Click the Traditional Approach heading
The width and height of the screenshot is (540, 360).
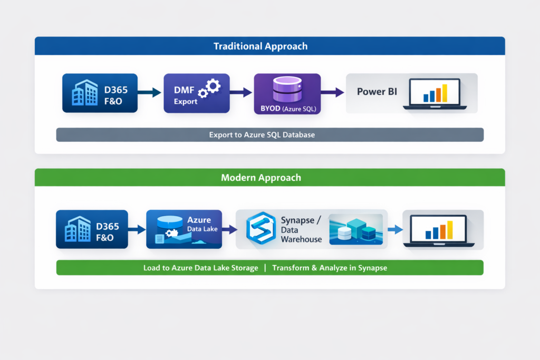tap(261, 46)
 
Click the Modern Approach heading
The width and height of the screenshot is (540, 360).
tap(261, 178)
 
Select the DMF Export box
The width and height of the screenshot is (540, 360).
tap(197, 93)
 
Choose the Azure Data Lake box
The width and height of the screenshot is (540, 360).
tap(184, 229)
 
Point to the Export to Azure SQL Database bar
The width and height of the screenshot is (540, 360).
tap(269, 135)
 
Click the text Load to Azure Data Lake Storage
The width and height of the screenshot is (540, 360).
tap(201, 268)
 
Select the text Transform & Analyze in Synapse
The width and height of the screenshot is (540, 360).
tap(330, 268)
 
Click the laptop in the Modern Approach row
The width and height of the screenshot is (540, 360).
tap(442, 229)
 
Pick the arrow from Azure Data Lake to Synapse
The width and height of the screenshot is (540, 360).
tap(229, 229)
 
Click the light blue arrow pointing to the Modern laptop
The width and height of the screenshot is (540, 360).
tap(394, 229)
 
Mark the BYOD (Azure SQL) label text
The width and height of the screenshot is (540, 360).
tap(287, 109)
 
